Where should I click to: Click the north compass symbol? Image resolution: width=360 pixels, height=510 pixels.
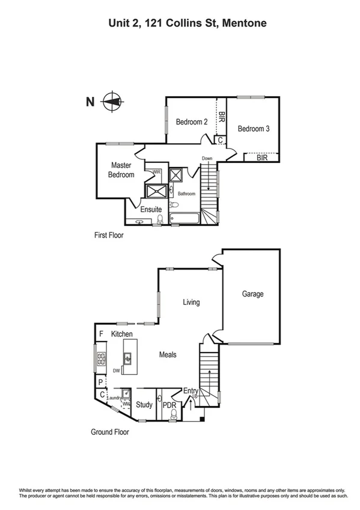[111, 102]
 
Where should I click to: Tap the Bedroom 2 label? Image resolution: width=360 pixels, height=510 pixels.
[192, 122]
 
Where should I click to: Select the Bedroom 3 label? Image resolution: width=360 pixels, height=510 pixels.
[253, 129]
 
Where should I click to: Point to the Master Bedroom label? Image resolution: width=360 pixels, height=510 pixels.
[121, 170]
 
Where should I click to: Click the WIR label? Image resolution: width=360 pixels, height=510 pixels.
[157, 173]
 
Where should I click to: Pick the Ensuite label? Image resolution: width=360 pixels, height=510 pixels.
[151, 209]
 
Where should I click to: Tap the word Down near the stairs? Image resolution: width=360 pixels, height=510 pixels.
[207, 159]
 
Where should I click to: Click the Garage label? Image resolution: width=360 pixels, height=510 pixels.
[252, 294]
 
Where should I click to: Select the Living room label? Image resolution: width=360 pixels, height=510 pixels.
[191, 303]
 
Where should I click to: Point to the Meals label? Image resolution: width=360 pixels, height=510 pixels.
[168, 355]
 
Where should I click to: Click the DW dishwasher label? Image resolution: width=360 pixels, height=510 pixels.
[116, 371]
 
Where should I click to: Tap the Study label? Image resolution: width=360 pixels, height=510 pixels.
[144, 405]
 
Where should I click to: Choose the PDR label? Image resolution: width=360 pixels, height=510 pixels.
[169, 406]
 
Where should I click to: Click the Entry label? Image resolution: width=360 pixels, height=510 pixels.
[191, 392]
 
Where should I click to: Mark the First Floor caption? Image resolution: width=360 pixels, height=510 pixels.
[109, 235]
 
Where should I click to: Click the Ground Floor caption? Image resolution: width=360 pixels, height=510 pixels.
[110, 431]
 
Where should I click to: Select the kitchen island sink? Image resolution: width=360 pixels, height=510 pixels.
[128, 360]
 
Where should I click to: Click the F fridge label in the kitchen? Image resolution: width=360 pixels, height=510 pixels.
[101, 333]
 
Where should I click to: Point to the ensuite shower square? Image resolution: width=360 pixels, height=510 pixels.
[156, 191]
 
